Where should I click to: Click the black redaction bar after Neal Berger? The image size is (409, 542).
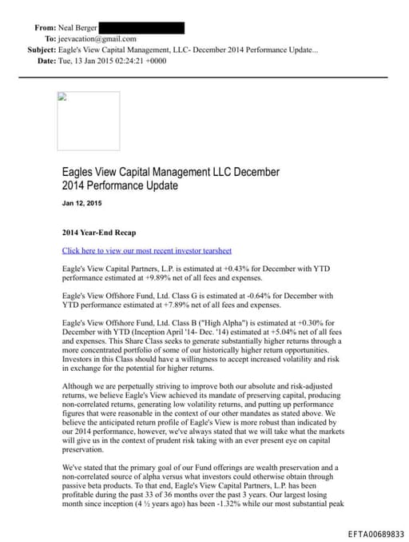[x=143, y=27]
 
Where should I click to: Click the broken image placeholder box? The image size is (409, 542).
[x=88, y=121]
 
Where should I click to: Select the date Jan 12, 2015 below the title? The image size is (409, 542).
[x=82, y=204]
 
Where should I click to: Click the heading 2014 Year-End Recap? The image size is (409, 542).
[x=99, y=233]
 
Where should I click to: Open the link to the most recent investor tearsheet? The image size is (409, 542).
[x=146, y=251]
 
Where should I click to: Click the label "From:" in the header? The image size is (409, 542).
[x=46, y=27]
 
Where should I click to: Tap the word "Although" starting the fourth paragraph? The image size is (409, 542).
[x=79, y=386]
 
